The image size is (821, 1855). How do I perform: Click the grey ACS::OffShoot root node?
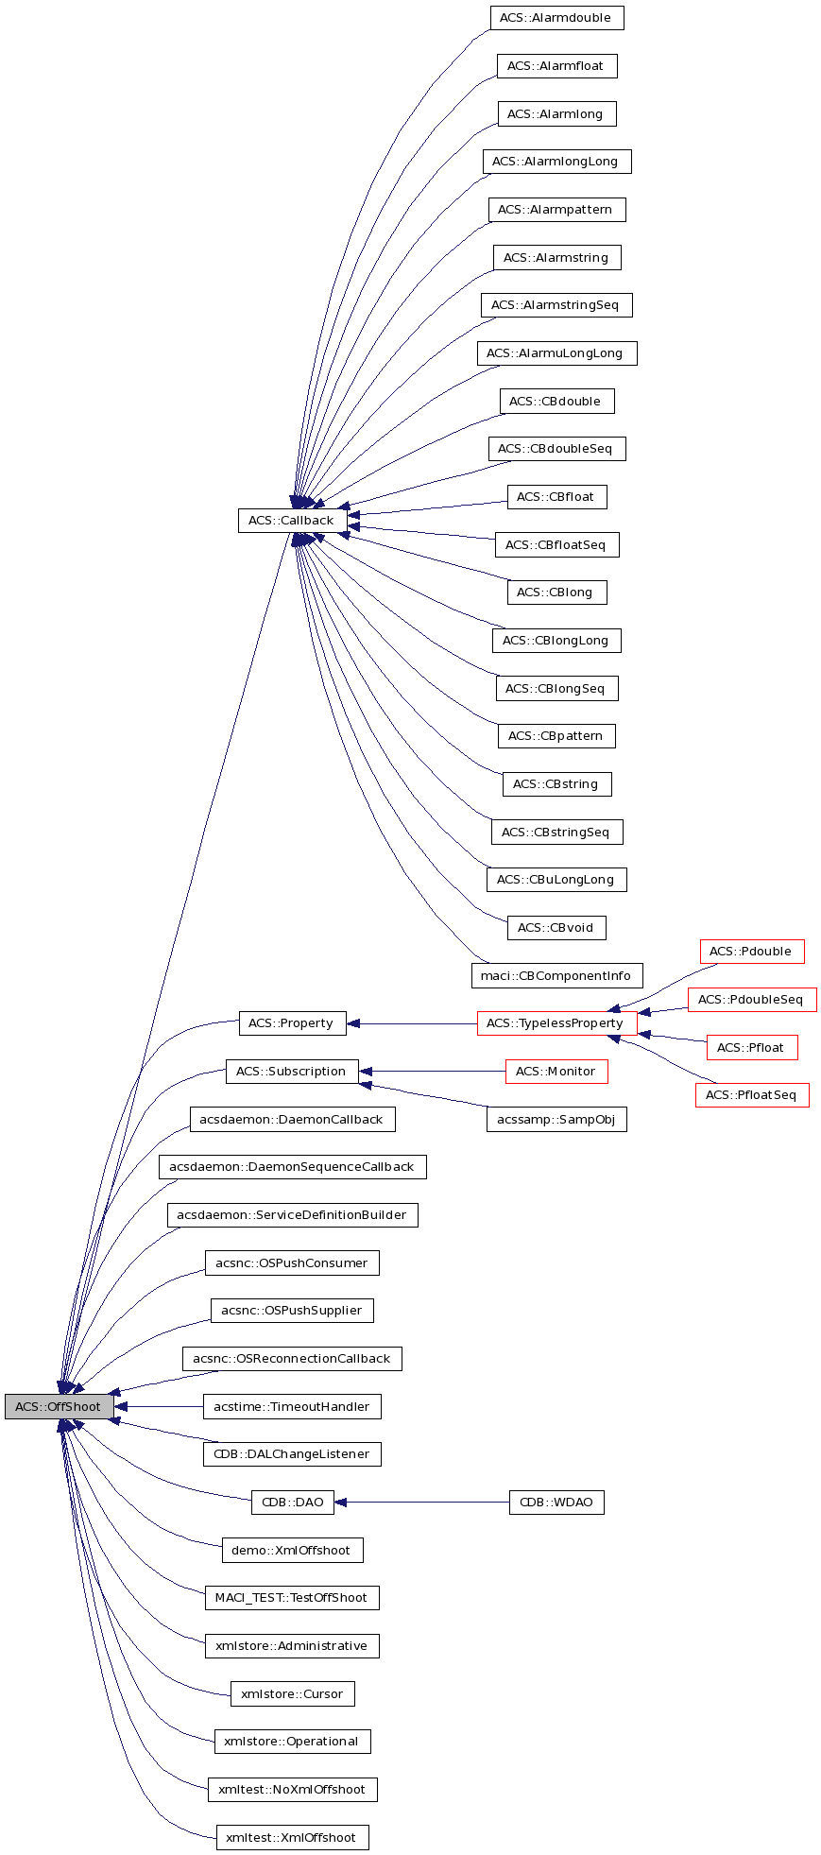pyautogui.click(x=59, y=1406)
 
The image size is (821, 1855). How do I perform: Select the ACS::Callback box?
pyautogui.click(x=291, y=520)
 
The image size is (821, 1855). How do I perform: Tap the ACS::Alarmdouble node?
pyautogui.click(x=556, y=18)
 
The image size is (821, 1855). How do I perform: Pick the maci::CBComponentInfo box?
pyautogui.click(x=556, y=975)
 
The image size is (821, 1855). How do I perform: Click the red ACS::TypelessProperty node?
pyautogui.click(x=556, y=1023)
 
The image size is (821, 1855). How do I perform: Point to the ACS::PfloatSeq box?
pyautogui.click(x=752, y=1095)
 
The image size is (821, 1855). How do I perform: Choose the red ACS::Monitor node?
pyautogui.click(x=556, y=1072)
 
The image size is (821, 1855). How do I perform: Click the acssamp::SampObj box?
pyautogui.click(x=556, y=1120)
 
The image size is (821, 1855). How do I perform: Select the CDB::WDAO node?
pyautogui.click(x=556, y=1503)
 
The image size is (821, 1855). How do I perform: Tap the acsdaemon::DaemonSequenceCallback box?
pyautogui.click(x=292, y=1167)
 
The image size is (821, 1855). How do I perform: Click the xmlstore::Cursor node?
pyautogui.click(x=292, y=1694)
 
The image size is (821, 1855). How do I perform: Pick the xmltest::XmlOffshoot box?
pyautogui.click(x=292, y=1838)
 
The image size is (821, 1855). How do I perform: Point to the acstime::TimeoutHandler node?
pyautogui.click(x=292, y=1407)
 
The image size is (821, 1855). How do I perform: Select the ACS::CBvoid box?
pyautogui.click(x=556, y=928)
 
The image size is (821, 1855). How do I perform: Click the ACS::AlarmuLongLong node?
pyautogui.click(x=556, y=353)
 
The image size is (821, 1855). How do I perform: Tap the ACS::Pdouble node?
pyautogui.click(x=752, y=952)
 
